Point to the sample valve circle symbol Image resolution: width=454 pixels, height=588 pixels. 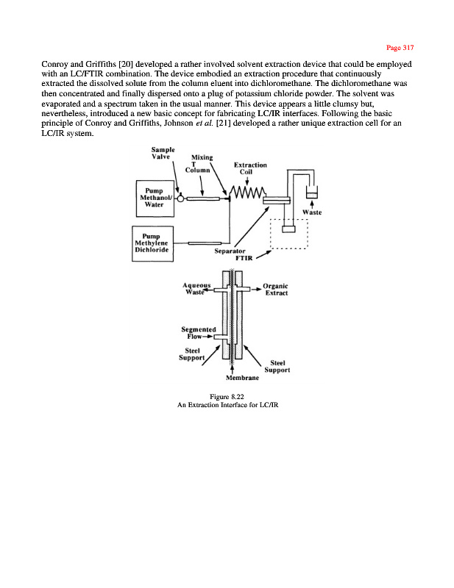point(180,198)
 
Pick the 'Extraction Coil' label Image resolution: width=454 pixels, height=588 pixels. point(249,168)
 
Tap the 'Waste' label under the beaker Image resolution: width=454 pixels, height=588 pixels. point(312,213)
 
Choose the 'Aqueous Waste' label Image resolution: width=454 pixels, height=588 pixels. point(196,289)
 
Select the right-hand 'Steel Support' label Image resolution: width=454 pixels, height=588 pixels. point(280,366)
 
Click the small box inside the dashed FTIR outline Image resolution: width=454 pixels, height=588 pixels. point(288,229)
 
